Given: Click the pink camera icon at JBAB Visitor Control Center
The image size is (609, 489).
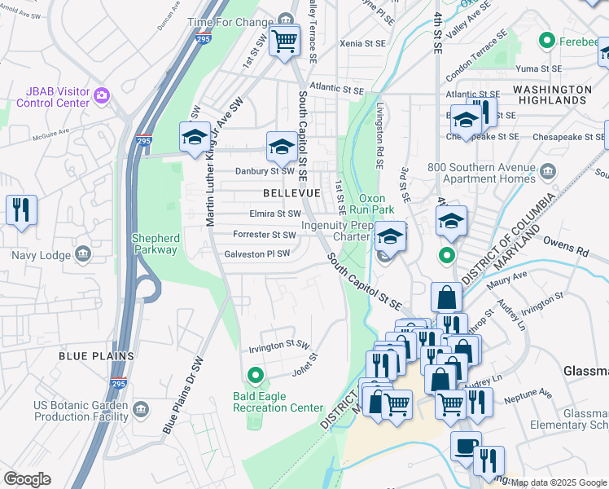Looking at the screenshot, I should pyautogui.click(x=102, y=96).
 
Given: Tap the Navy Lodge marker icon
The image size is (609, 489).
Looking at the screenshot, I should pyautogui.click(x=82, y=255).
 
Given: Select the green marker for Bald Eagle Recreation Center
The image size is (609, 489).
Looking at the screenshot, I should pyautogui.click(x=256, y=376).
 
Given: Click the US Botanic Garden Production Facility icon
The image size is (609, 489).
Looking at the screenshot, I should pyautogui.click(x=140, y=407).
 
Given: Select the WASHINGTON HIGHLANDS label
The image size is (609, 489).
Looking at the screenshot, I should pyautogui.click(x=563, y=95).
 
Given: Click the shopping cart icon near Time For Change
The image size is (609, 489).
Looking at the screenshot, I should pyautogui.click(x=285, y=39).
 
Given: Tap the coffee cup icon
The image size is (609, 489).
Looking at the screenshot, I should pyautogui.click(x=467, y=446).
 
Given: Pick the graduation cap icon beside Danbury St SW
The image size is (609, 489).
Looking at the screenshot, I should pyautogui.click(x=282, y=147).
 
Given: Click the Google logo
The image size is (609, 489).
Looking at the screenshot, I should pyautogui.click(x=27, y=479).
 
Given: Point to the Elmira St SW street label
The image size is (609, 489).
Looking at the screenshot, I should pyautogui.click(x=274, y=214).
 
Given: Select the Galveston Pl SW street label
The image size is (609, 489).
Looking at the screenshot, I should pyautogui.click(x=257, y=253).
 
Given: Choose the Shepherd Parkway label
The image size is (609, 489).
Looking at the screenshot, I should pyautogui.click(x=156, y=244).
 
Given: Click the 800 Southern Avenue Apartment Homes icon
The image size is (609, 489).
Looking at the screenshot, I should pyautogui.click(x=547, y=170).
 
